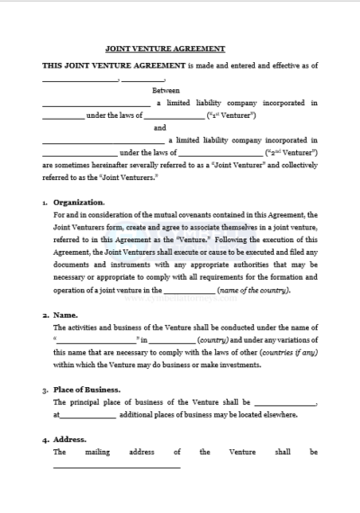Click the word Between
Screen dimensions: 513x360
[x=166, y=90]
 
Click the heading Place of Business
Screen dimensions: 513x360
[x=87, y=390]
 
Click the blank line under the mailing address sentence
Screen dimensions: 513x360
[x=116, y=466]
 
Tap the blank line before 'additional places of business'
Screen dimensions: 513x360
[x=88, y=416]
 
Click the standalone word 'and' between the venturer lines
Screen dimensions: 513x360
[x=160, y=128]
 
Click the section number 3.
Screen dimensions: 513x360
[x=45, y=391]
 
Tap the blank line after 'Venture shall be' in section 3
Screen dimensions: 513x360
[x=285, y=405]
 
